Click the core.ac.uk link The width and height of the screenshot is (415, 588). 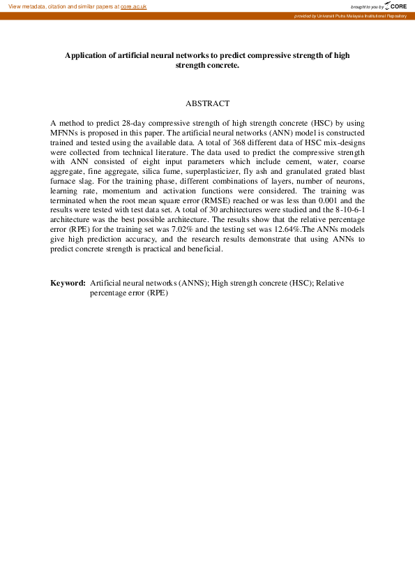click(x=133, y=6)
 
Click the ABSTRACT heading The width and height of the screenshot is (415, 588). click(x=207, y=103)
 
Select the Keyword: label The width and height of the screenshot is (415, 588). click(x=68, y=283)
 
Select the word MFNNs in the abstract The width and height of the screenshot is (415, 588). click(x=65, y=131)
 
